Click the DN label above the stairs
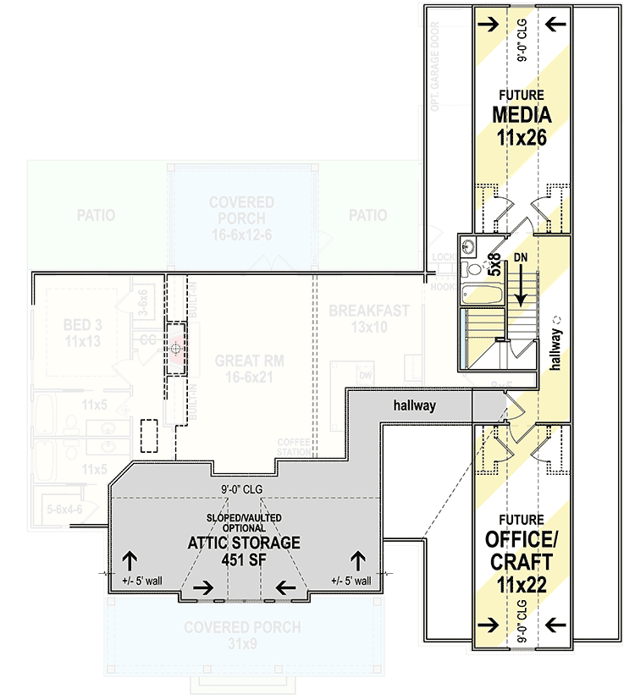pyautogui.click(x=520, y=256)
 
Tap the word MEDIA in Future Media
pyautogui.click(x=522, y=114)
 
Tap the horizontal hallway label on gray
pyautogui.click(x=415, y=405)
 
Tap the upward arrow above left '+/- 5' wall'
pyautogui.click(x=131, y=559)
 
